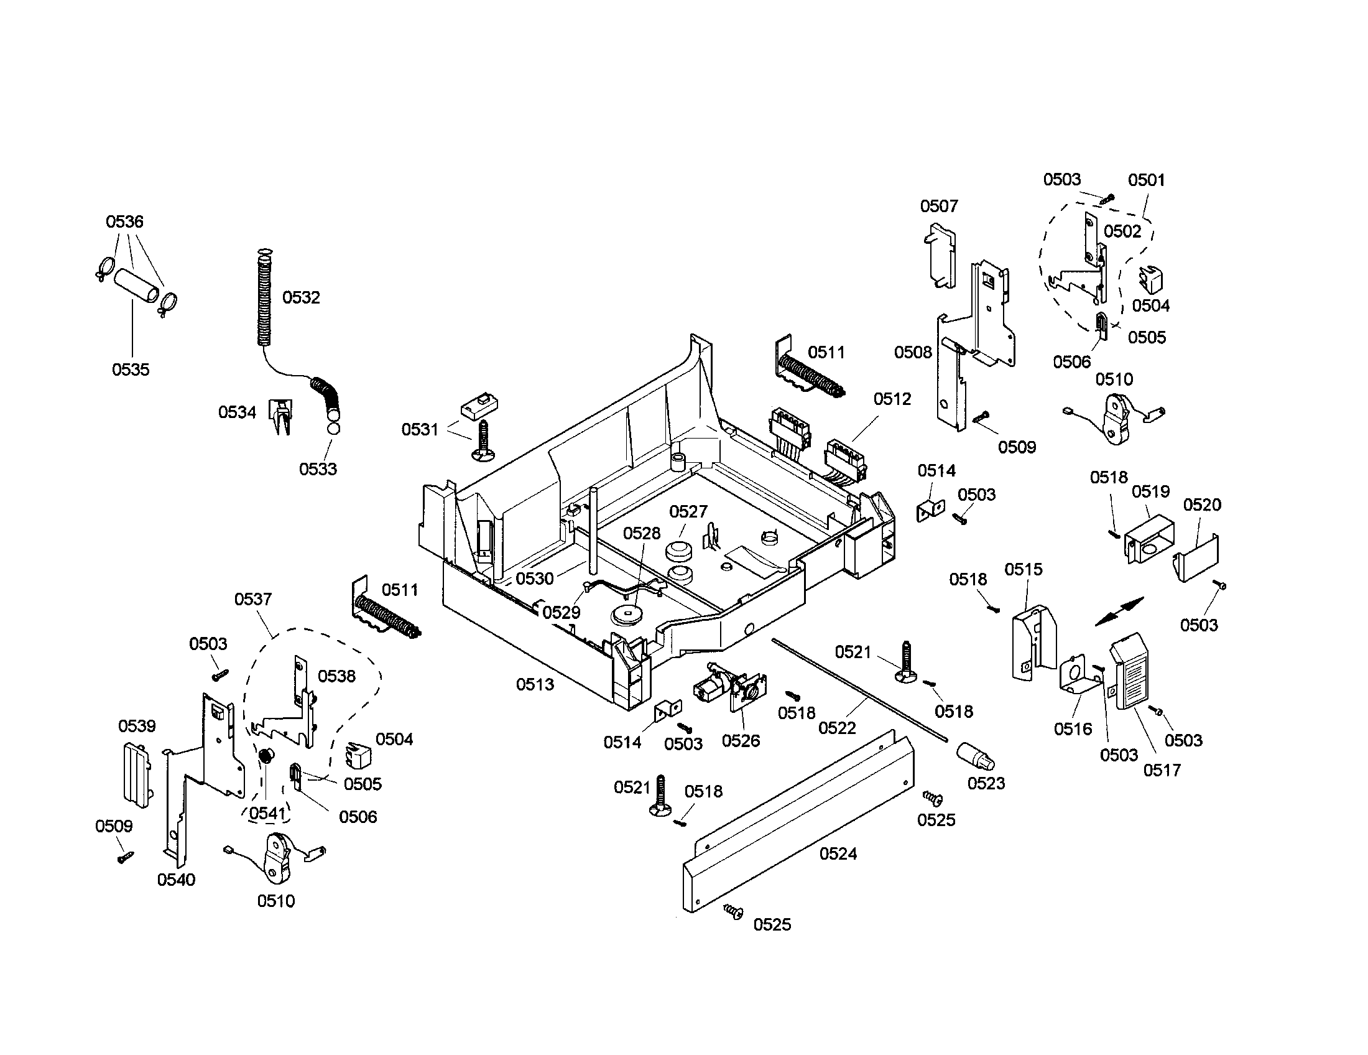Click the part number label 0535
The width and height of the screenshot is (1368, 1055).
tap(131, 369)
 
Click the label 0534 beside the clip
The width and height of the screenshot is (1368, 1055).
tap(237, 412)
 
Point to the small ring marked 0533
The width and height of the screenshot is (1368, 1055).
tap(333, 429)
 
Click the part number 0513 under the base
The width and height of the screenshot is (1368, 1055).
tap(535, 684)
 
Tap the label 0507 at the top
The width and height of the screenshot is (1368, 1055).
tap(939, 206)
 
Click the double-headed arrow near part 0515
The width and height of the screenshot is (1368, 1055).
tap(1119, 611)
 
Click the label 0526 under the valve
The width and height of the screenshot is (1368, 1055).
tap(741, 740)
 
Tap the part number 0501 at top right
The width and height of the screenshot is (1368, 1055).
tap(1146, 180)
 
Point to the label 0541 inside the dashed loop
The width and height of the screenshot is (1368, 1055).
tap(267, 813)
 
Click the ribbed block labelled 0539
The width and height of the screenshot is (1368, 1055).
tap(136, 774)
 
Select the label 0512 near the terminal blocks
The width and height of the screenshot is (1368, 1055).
tap(892, 399)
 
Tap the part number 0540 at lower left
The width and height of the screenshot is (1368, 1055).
tap(176, 880)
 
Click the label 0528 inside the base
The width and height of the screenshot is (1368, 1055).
tap(642, 533)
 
